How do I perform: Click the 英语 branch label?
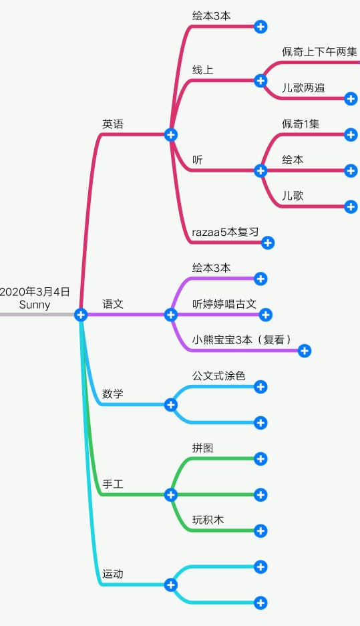[x=113, y=124]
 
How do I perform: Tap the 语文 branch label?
[x=113, y=304]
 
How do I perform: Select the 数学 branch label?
[x=113, y=394]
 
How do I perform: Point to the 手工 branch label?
[x=113, y=484]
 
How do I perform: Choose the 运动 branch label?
[x=113, y=574]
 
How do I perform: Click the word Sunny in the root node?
[x=35, y=305]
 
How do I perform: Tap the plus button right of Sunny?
[x=81, y=315]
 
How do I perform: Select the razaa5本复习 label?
[x=225, y=232]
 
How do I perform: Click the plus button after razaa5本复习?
[x=268, y=243]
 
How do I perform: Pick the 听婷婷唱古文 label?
[x=224, y=304]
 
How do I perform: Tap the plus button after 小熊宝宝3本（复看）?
[x=305, y=351]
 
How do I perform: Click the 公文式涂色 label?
[x=218, y=376]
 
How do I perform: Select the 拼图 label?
[x=203, y=448]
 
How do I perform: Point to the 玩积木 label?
[x=208, y=520]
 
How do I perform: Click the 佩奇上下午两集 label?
[x=319, y=52]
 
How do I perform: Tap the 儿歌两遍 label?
[x=303, y=88]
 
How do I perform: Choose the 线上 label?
[x=203, y=70]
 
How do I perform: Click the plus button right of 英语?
[x=171, y=134]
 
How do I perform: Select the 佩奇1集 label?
[x=301, y=124]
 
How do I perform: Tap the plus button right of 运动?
[x=171, y=585]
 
